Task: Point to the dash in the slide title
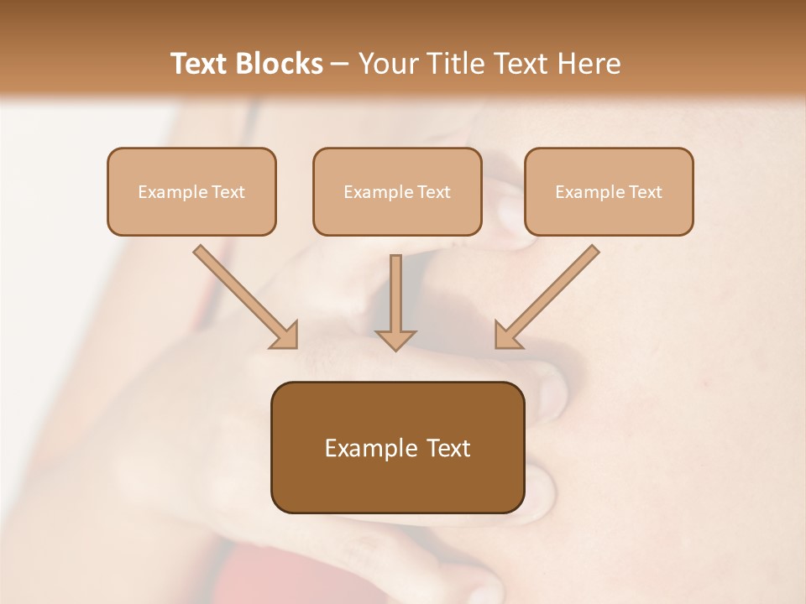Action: [x=340, y=65]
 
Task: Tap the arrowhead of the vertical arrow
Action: [x=395, y=339]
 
